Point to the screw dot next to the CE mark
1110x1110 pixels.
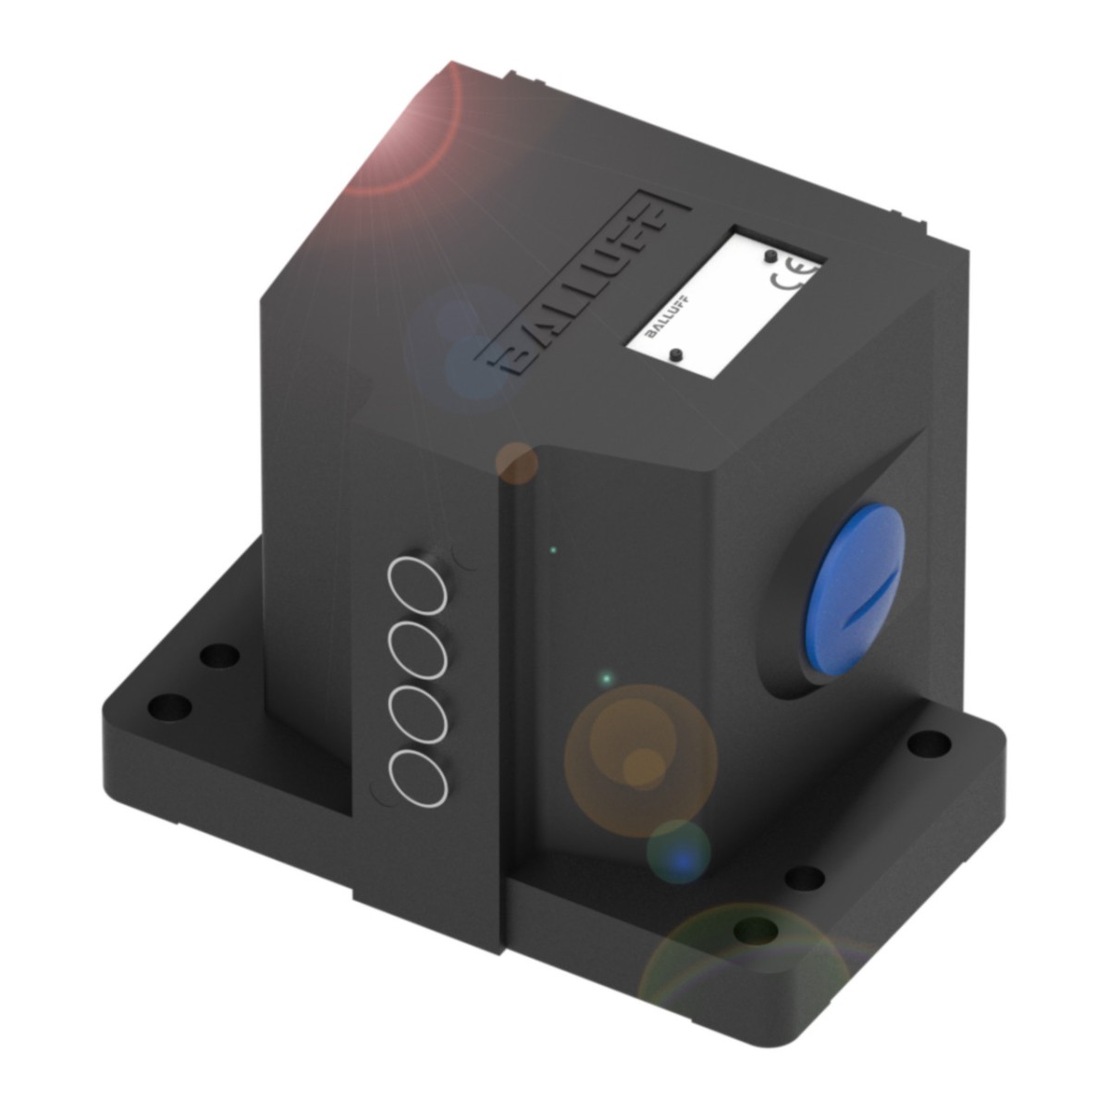coord(770,255)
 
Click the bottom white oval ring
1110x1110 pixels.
coord(418,775)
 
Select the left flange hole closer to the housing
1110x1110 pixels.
coord(217,657)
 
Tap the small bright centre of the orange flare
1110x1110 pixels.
coord(638,764)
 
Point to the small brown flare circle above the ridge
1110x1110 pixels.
coord(516,462)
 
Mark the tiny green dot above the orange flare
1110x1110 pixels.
coord(606,679)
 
